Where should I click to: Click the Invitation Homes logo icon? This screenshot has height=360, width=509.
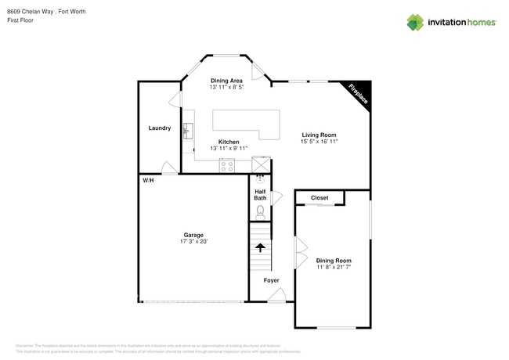[x=414, y=22]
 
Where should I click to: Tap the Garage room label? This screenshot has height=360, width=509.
[x=193, y=235]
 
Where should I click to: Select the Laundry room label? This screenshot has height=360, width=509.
[x=160, y=128]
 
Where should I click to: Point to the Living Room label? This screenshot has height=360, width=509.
[x=319, y=135]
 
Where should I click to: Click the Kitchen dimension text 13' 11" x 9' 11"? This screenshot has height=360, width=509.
[x=229, y=148]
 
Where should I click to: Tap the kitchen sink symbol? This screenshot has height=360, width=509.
[x=188, y=130]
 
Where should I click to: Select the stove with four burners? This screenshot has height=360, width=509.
[x=227, y=165]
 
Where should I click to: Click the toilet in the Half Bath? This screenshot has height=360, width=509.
[x=260, y=211]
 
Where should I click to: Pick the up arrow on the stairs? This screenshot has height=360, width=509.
[x=260, y=248]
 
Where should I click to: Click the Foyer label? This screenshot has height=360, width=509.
[x=271, y=280]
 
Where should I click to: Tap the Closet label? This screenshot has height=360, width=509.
[x=319, y=198]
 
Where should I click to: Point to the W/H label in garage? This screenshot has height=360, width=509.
[x=147, y=180]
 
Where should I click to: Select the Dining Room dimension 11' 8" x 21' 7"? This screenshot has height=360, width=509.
[x=334, y=267]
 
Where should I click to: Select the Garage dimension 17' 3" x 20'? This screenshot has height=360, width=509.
[x=193, y=242]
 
